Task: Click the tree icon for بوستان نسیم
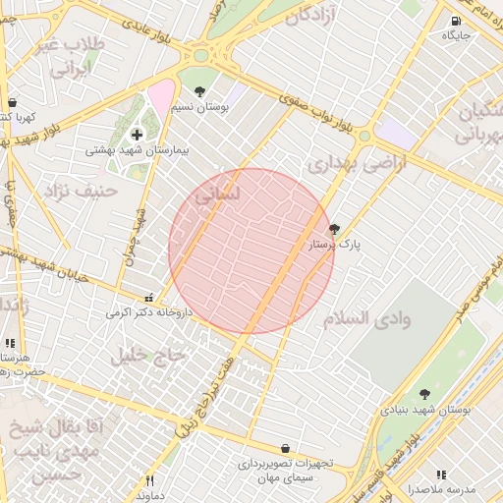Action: coord(201,91)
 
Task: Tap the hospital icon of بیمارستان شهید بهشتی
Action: coord(136,134)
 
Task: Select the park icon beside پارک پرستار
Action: coord(334,228)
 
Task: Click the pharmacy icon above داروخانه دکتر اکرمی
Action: coord(148,298)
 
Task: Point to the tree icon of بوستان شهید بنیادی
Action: coord(424,394)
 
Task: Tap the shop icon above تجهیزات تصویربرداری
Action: coord(285,448)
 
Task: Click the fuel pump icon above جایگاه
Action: coord(456,22)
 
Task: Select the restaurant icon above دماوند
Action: coord(149,480)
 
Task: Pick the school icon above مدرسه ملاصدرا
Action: coord(441,475)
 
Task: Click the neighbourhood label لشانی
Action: coord(217,196)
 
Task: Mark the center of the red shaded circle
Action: coord(251,251)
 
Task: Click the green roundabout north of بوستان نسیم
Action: coord(203,56)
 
